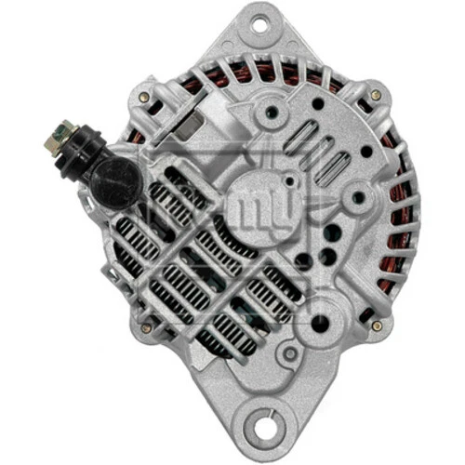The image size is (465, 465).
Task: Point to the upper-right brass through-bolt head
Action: click(x=375, y=95)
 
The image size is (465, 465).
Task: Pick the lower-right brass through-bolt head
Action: click(x=376, y=325)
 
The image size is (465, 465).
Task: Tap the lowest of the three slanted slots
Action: click(x=331, y=167)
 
